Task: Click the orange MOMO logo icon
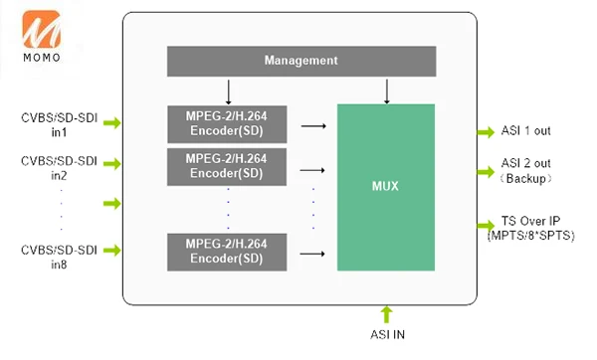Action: [x=41, y=30]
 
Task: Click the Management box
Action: [x=301, y=62]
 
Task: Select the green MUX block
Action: [x=386, y=187]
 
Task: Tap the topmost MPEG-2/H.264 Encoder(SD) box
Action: [x=227, y=124]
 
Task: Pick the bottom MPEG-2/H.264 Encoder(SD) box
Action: [x=227, y=252]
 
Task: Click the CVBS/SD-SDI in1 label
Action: [x=60, y=125]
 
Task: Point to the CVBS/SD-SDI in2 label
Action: [x=59, y=168]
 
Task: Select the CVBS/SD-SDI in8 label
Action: [x=59, y=257]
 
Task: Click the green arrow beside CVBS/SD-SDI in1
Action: [x=111, y=123]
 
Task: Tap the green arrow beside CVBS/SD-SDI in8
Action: [x=111, y=250]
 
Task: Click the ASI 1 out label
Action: [x=525, y=131]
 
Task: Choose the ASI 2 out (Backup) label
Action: [x=525, y=171]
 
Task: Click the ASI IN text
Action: [x=388, y=334]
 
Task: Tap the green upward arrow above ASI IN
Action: [x=386, y=314]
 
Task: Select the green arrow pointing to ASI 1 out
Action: [x=486, y=132]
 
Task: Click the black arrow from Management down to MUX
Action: [x=387, y=91]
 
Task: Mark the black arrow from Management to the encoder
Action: [x=229, y=92]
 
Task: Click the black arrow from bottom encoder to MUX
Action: [x=312, y=254]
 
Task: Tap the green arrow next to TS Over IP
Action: [x=486, y=225]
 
